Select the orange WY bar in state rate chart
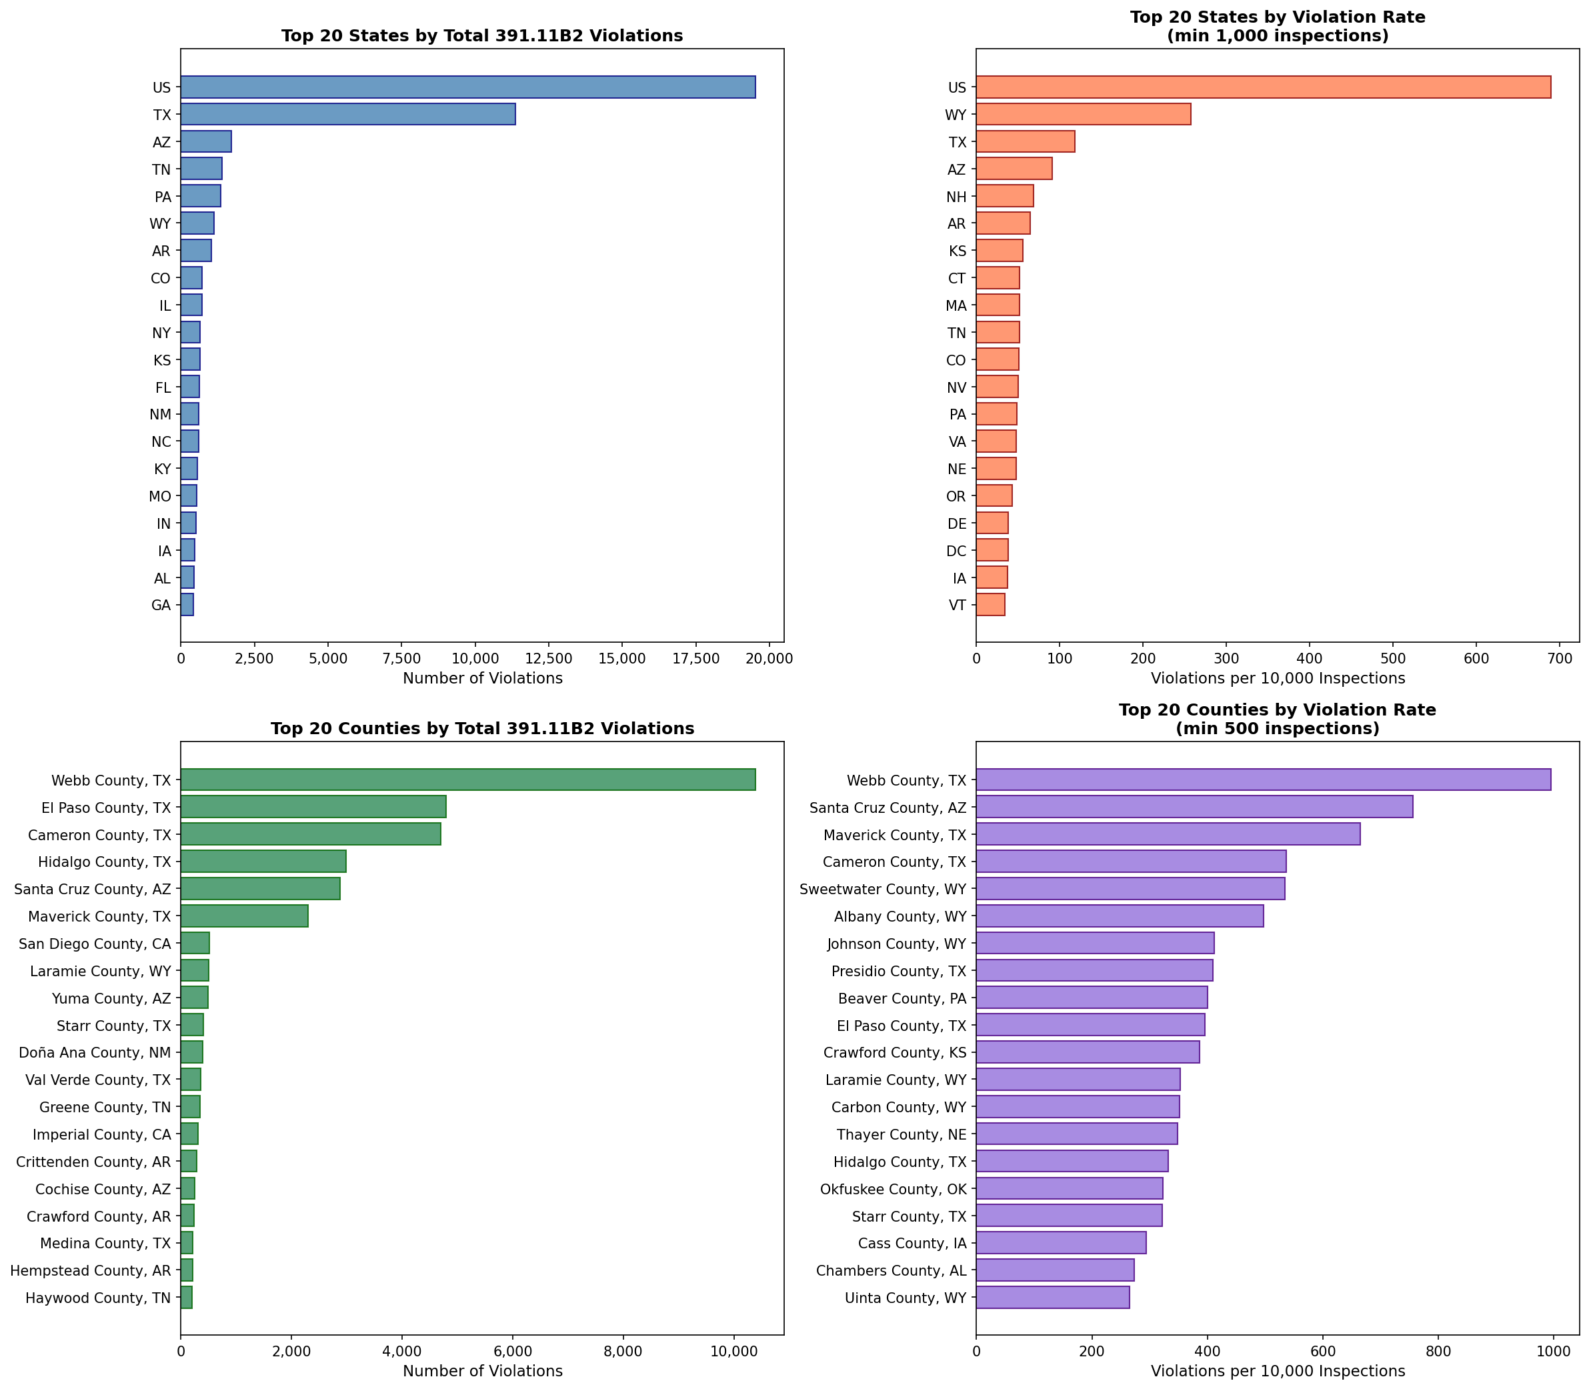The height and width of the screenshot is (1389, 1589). tap(1083, 115)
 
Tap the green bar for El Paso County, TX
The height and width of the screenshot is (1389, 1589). tap(313, 807)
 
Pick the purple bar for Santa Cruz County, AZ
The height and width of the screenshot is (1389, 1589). tap(1194, 807)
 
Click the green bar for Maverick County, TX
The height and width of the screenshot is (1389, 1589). tap(244, 916)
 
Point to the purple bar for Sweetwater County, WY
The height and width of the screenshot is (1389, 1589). tap(1130, 889)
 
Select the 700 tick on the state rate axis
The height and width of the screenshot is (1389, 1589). tap(1559, 659)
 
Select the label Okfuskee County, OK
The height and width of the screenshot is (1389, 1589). tap(893, 1189)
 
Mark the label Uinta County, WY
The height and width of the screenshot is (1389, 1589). tap(906, 1298)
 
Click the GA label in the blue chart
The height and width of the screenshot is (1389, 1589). tap(161, 605)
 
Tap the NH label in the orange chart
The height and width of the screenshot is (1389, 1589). tap(956, 197)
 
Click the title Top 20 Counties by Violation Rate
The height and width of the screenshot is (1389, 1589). tap(1277, 710)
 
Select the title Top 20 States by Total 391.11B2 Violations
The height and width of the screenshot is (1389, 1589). tap(481, 35)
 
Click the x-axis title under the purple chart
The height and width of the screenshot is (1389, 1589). tap(1278, 1371)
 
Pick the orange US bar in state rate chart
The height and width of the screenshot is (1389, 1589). tap(1263, 87)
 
